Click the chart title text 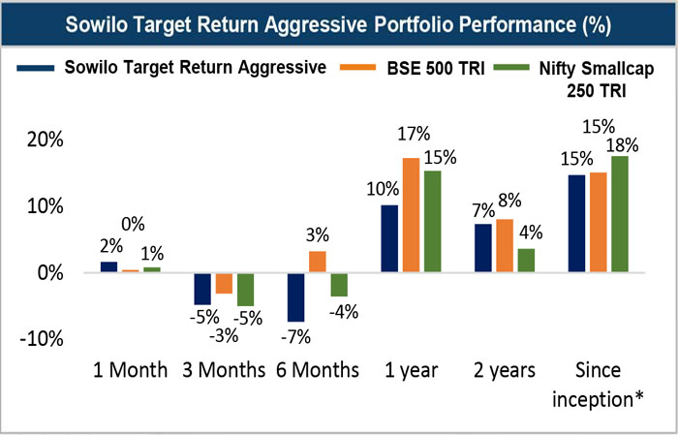pos(338,22)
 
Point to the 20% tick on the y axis pos(44,140)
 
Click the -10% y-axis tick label pos(40,339)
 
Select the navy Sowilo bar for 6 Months pos(294,296)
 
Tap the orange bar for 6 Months pos(317,262)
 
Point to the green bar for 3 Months pos(246,289)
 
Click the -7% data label pos(294,337)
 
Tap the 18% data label pos(622,145)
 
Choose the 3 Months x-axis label pos(225,370)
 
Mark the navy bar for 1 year pos(389,238)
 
